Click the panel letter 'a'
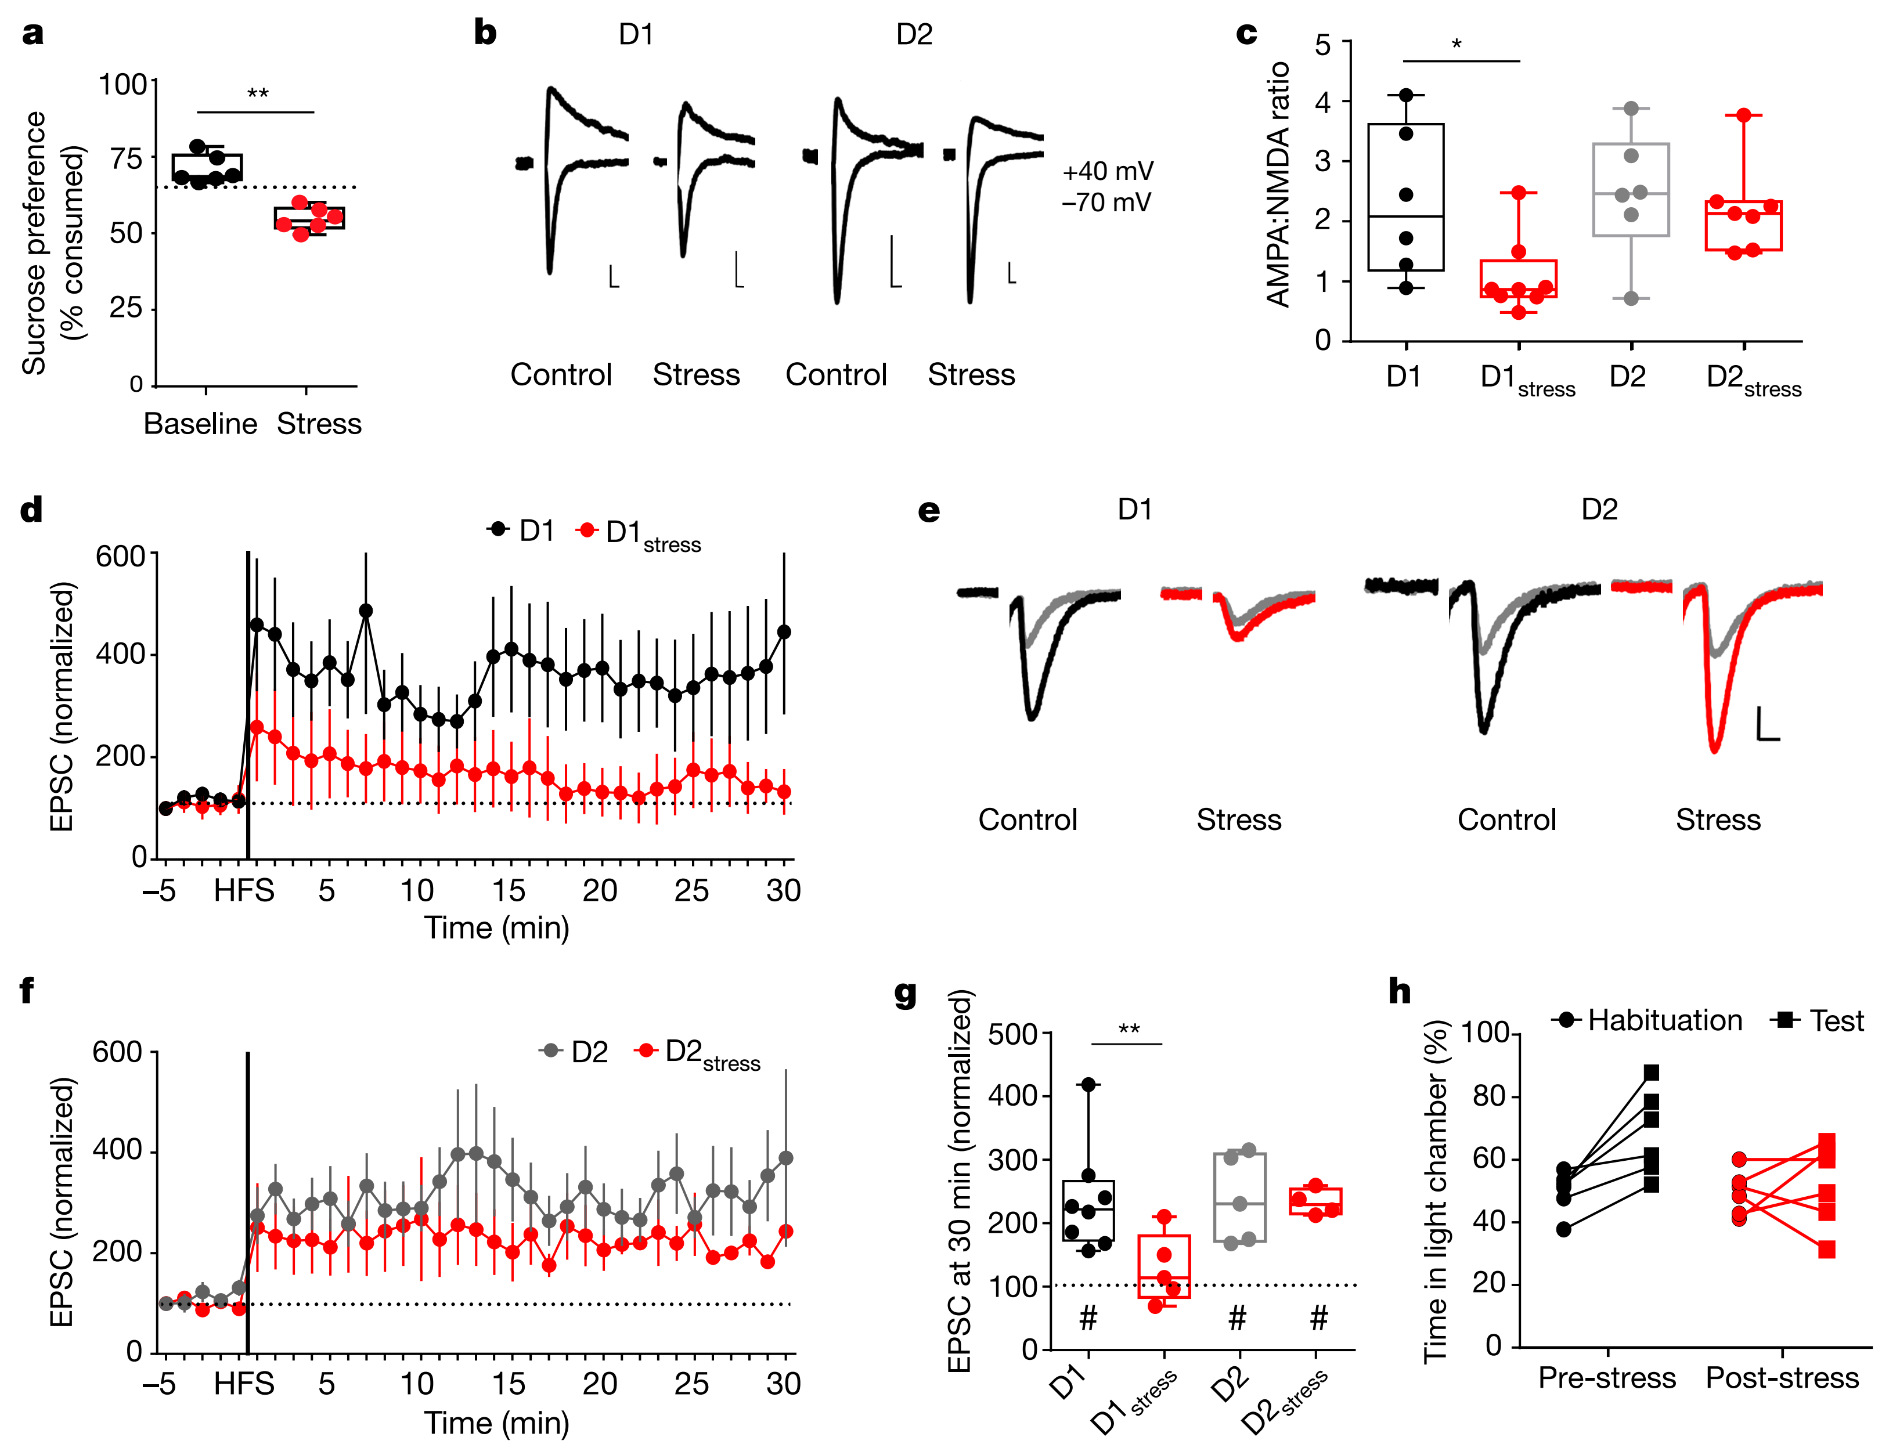[33, 34]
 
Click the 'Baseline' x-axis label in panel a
[200, 424]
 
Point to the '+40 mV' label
[1108, 171]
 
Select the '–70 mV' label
[1106, 203]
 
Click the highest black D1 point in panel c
[1406, 95]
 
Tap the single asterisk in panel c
[1457, 44]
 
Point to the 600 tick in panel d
[120, 556]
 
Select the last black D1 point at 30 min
[783, 631]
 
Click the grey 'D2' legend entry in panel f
[574, 1051]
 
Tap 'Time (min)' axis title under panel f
[496, 1423]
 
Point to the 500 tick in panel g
[1013, 1034]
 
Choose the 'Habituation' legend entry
[1646, 1020]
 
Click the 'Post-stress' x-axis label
[1782, 1378]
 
